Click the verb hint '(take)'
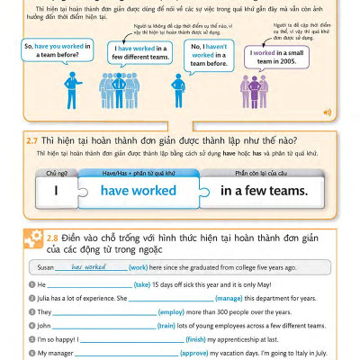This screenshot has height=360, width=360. [142, 283]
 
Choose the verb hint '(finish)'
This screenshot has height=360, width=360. [195, 340]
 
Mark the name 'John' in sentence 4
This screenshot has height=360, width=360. [46, 326]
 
